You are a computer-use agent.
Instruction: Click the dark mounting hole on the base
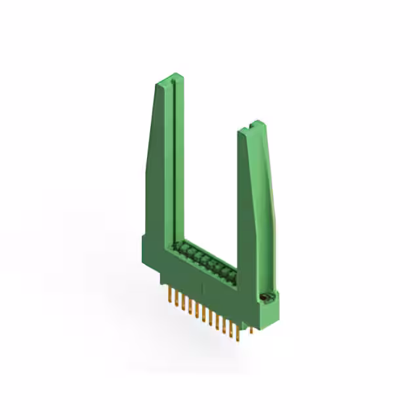coord(266,299)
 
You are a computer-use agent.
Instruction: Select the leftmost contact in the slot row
coord(176,247)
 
